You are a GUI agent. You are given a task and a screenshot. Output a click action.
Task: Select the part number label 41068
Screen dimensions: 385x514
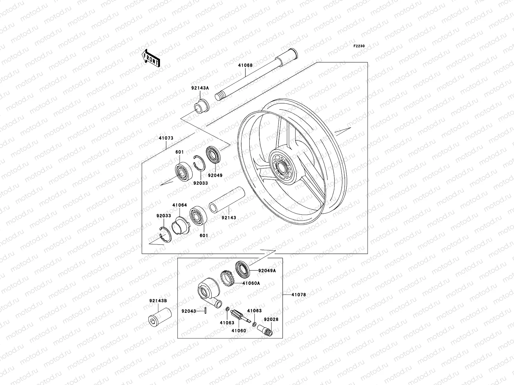click(x=245, y=65)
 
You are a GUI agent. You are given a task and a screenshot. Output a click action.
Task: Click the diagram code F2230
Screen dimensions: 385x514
click(x=359, y=46)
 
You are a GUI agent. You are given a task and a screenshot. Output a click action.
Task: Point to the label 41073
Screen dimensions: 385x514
click(x=166, y=138)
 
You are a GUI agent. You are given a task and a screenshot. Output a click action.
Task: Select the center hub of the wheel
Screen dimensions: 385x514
click(x=282, y=167)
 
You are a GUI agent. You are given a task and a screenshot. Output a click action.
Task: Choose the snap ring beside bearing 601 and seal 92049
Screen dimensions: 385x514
click(x=199, y=165)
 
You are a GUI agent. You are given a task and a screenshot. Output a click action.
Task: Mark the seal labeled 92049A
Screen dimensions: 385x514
click(x=243, y=269)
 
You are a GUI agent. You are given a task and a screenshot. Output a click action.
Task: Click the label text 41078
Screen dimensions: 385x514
click(x=298, y=294)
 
